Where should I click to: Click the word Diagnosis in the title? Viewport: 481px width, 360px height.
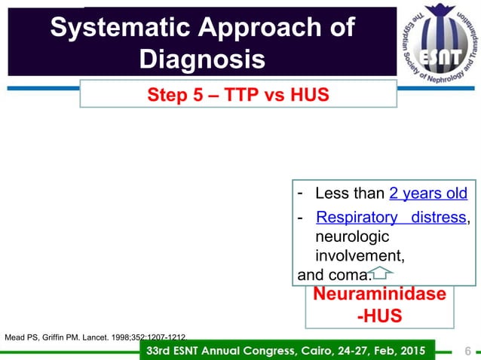[x=203, y=59]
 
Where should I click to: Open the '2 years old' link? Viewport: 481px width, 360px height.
[x=428, y=194]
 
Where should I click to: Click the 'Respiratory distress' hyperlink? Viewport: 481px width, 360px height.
[x=391, y=218]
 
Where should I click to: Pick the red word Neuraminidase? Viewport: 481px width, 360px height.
[x=379, y=294]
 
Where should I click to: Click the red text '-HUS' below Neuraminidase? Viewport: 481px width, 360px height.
[x=379, y=314]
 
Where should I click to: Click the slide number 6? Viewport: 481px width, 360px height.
[x=467, y=350]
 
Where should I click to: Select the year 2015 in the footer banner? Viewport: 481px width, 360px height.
[x=410, y=350]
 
